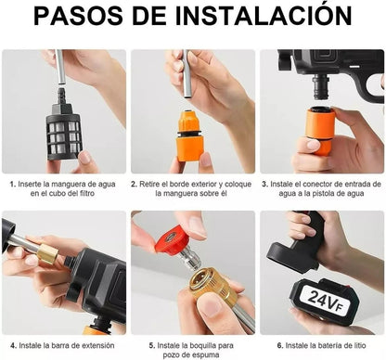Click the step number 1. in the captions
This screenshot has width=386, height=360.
point(12,185)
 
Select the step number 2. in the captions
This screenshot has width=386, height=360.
point(135,185)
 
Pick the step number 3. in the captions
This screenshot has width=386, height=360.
point(264,185)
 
